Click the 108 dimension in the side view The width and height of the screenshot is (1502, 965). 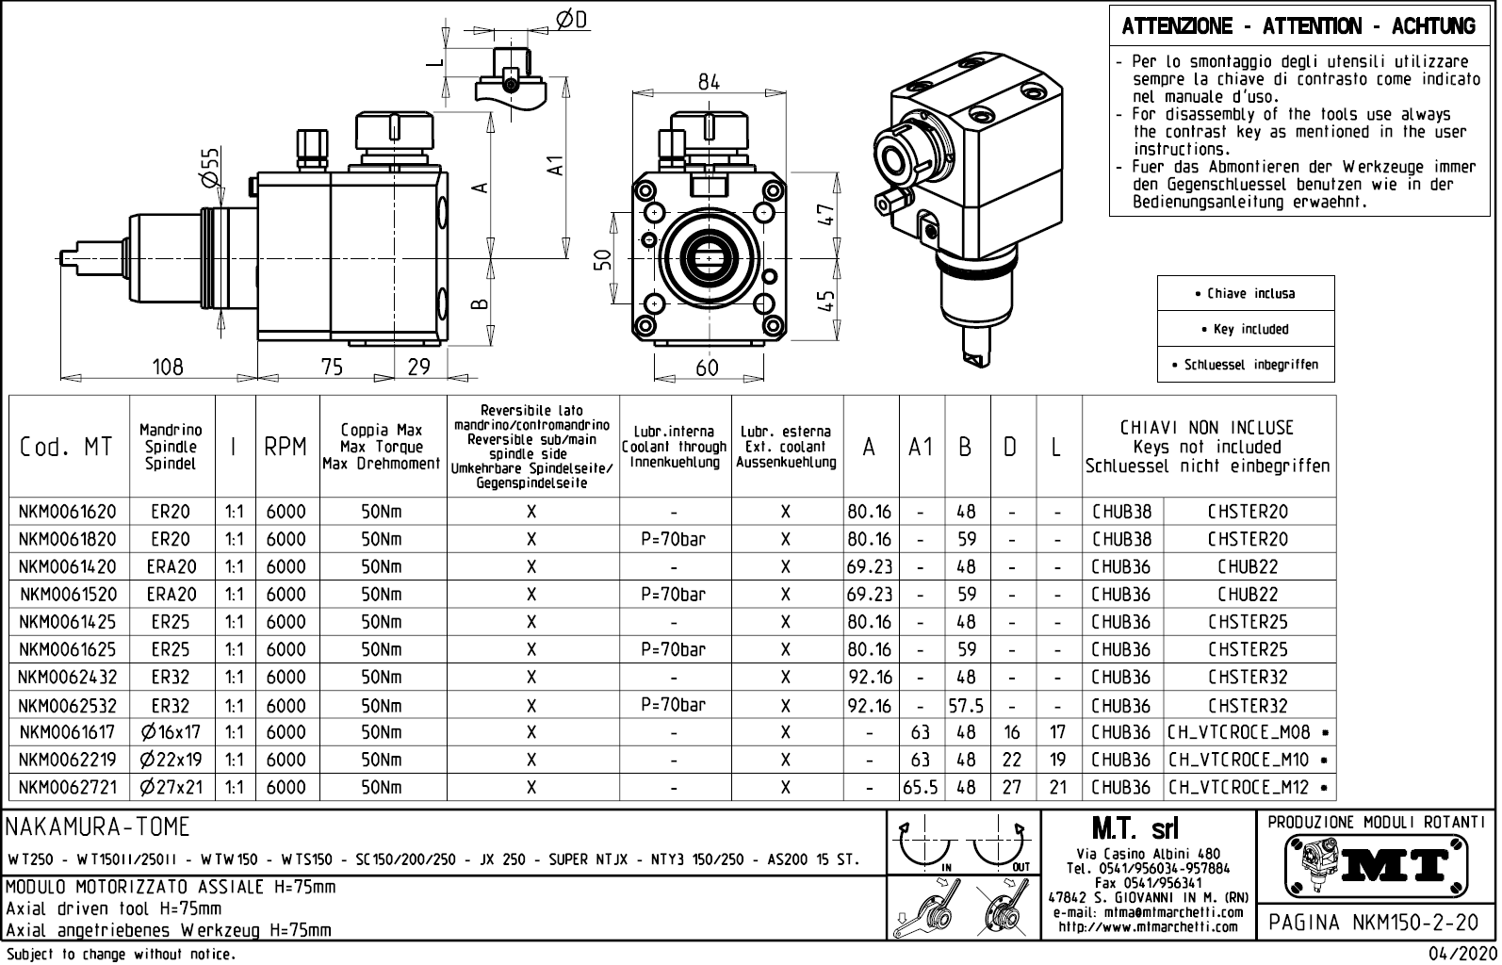(x=168, y=367)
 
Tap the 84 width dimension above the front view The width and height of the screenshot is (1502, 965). (x=709, y=82)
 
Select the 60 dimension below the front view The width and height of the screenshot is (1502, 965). (x=707, y=368)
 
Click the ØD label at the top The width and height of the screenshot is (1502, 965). (x=571, y=20)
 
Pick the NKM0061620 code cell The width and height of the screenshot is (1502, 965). (x=68, y=512)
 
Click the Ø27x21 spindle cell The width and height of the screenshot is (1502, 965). (x=171, y=787)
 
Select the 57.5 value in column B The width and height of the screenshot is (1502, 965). (x=966, y=706)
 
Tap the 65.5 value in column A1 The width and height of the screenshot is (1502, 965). (x=921, y=787)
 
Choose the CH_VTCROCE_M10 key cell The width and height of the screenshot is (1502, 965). (x=1249, y=760)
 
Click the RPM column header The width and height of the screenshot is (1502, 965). (x=286, y=448)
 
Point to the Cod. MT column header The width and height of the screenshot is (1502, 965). (x=66, y=448)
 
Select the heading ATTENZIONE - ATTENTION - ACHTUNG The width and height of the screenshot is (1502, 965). (x=1298, y=26)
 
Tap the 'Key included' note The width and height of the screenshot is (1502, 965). (x=1245, y=329)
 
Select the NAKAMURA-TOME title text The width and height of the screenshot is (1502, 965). (x=99, y=827)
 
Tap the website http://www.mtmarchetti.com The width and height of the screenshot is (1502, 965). (x=1148, y=926)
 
